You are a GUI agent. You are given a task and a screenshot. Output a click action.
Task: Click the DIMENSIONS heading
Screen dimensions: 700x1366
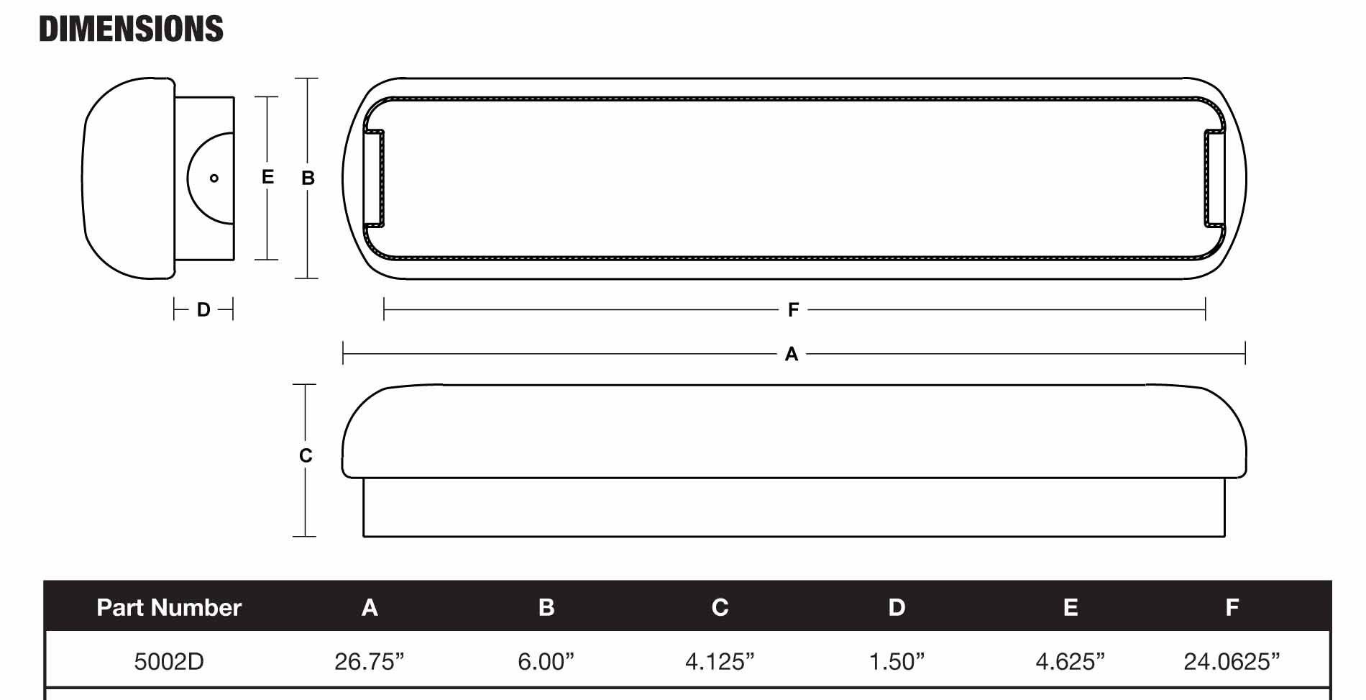(131, 29)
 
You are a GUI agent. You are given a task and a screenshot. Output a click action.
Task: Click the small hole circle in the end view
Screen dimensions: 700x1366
(214, 178)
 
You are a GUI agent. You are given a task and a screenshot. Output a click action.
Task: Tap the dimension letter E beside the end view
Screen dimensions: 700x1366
(267, 177)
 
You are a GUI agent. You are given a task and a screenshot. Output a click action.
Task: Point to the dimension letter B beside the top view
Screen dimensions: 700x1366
(308, 178)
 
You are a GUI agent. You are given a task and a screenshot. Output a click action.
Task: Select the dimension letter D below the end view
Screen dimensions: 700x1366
(203, 310)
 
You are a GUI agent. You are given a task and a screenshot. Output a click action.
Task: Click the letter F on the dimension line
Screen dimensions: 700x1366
(793, 310)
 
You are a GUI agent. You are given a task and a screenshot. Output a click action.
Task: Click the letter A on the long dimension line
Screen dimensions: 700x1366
(792, 354)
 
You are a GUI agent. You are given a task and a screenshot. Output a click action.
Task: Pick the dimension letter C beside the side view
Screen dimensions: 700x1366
(306, 455)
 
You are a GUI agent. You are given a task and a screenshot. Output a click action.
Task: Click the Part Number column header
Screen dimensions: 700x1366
(169, 607)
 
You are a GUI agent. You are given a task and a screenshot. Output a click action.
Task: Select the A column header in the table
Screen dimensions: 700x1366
(370, 607)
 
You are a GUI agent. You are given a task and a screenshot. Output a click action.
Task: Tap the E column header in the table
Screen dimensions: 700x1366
(1070, 607)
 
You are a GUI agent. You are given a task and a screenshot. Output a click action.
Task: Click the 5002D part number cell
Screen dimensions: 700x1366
(169, 661)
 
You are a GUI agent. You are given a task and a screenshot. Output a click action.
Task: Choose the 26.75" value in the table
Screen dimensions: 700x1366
(370, 661)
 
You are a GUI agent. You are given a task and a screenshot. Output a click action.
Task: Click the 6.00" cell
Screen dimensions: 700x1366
(546, 661)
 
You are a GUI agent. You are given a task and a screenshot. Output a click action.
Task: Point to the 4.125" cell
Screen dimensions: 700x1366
(720, 661)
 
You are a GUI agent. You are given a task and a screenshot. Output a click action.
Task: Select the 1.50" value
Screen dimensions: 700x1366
(897, 661)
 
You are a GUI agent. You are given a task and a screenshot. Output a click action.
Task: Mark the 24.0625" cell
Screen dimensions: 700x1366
(1232, 661)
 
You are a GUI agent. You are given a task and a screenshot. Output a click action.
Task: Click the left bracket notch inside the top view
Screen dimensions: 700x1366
(375, 178)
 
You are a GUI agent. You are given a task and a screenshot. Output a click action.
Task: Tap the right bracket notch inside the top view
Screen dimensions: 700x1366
(1214, 178)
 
